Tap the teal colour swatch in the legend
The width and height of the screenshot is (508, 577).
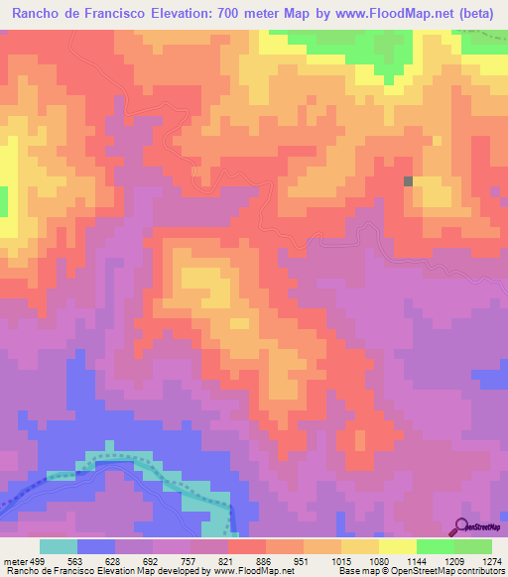click(58, 546)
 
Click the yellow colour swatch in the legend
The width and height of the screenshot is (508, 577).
click(397, 546)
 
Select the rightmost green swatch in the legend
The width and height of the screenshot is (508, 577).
click(473, 546)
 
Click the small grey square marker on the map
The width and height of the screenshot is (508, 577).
click(409, 180)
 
